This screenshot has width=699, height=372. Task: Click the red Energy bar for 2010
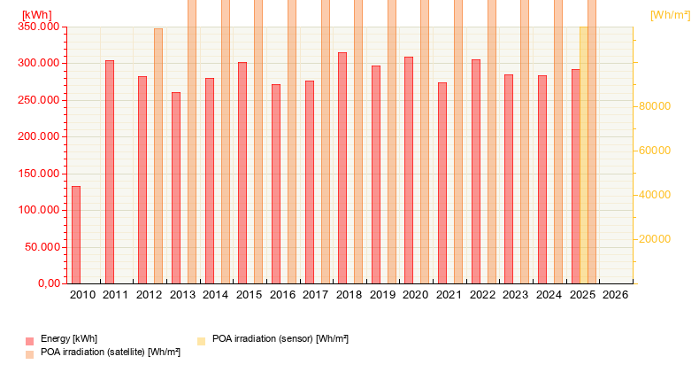76,235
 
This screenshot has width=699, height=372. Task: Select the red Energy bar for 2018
342,167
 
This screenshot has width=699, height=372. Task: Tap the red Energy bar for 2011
110,172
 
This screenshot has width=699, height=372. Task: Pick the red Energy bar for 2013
176,188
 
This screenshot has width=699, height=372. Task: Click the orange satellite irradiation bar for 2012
158,156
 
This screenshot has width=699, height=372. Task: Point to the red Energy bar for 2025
575,176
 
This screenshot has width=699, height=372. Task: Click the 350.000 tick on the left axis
39,27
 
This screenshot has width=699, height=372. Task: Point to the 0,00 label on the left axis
46,283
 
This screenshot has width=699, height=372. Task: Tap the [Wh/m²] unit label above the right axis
670,15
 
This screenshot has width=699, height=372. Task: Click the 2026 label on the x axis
615,295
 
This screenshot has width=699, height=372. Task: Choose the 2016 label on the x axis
282,295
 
